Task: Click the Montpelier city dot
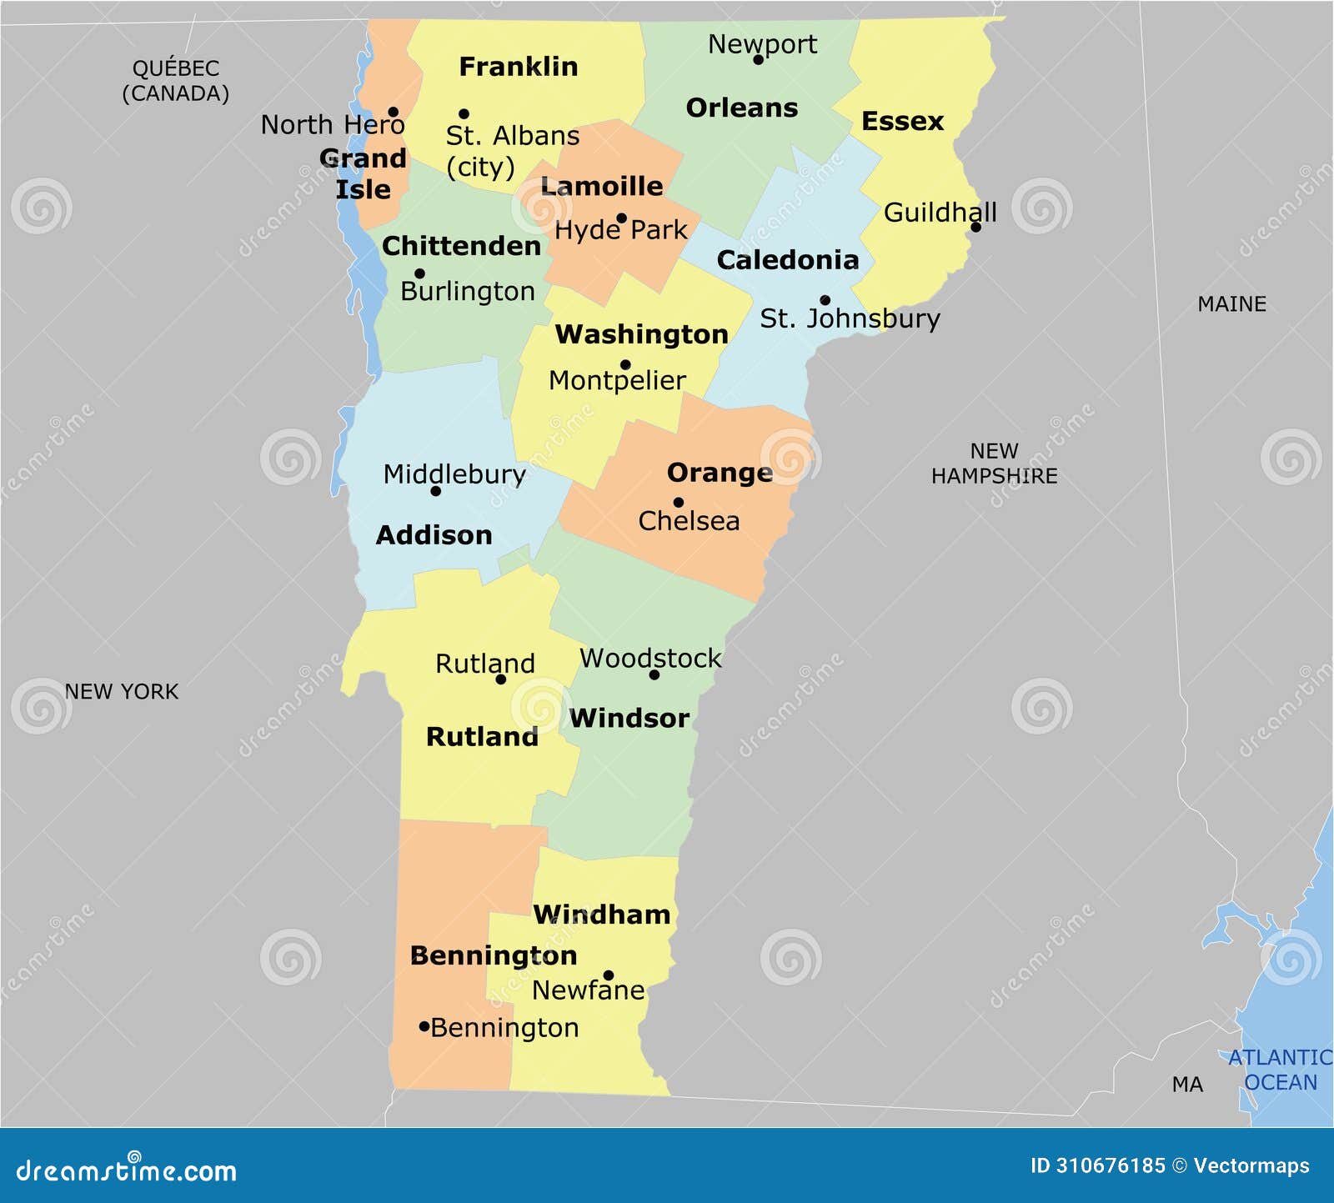625,364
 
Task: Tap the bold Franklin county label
518,67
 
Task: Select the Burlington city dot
419,273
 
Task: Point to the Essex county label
902,122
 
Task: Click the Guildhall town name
940,213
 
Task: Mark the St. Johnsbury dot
825,300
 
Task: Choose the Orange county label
720,473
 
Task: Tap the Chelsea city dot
679,502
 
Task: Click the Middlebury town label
454,474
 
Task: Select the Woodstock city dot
654,674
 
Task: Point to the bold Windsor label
629,718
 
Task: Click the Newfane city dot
609,975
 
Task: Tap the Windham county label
601,915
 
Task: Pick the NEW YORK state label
122,692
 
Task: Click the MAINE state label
1231,304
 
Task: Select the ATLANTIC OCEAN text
1280,1070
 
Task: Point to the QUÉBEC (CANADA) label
175,81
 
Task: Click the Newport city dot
758,59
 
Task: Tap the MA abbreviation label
1187,1085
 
